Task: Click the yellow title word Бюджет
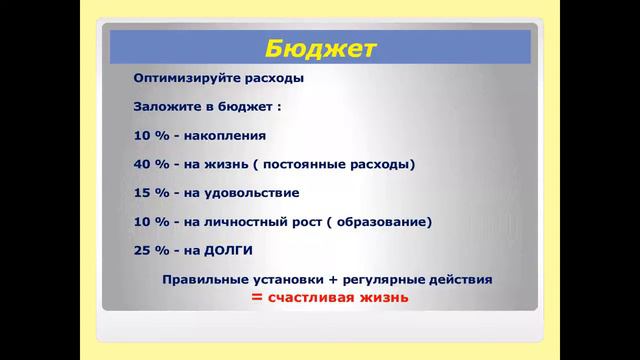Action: pyautogui.click(x=320, y=47)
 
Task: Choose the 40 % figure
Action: pyautogui.click(x=150, y=163)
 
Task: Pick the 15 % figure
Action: pyautogui.click(x=150, y=192)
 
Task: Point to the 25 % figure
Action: pyautogui.click(x=150, y=250)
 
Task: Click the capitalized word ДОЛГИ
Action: pyautogui.click(x=231, y=250)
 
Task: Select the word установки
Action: pyautogui.click(x=288, y=280)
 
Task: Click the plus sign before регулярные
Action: pyautogui.click(x=334, y=280)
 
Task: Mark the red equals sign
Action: pyautogui.click(x=257, y=299)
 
